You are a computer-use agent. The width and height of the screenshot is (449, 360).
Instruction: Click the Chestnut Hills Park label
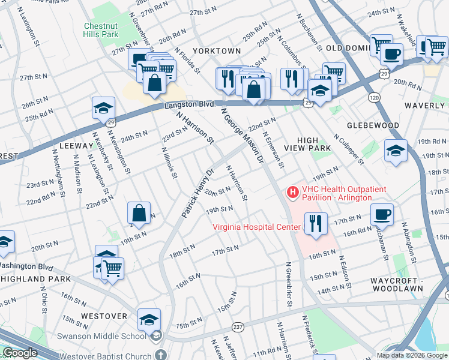click(100, 31)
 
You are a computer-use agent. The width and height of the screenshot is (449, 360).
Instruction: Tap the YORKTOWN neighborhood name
click(217, 51)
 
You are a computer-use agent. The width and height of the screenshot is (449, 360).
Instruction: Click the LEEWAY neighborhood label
click(75, 146)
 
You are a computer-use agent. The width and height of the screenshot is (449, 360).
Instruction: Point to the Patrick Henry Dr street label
click(198, 191)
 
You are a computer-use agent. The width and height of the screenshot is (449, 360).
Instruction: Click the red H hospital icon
click(293, 192)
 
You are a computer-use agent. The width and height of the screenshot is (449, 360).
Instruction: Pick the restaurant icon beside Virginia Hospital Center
click(316, 224)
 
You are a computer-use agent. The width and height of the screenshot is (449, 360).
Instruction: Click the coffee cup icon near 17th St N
click(382, 214)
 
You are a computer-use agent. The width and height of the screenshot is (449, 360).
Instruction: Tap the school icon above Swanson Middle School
click(149, 319)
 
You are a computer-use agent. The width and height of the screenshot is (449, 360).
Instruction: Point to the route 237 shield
click(238, 327)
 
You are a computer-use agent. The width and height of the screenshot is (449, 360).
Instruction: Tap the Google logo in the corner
click(20, 353)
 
